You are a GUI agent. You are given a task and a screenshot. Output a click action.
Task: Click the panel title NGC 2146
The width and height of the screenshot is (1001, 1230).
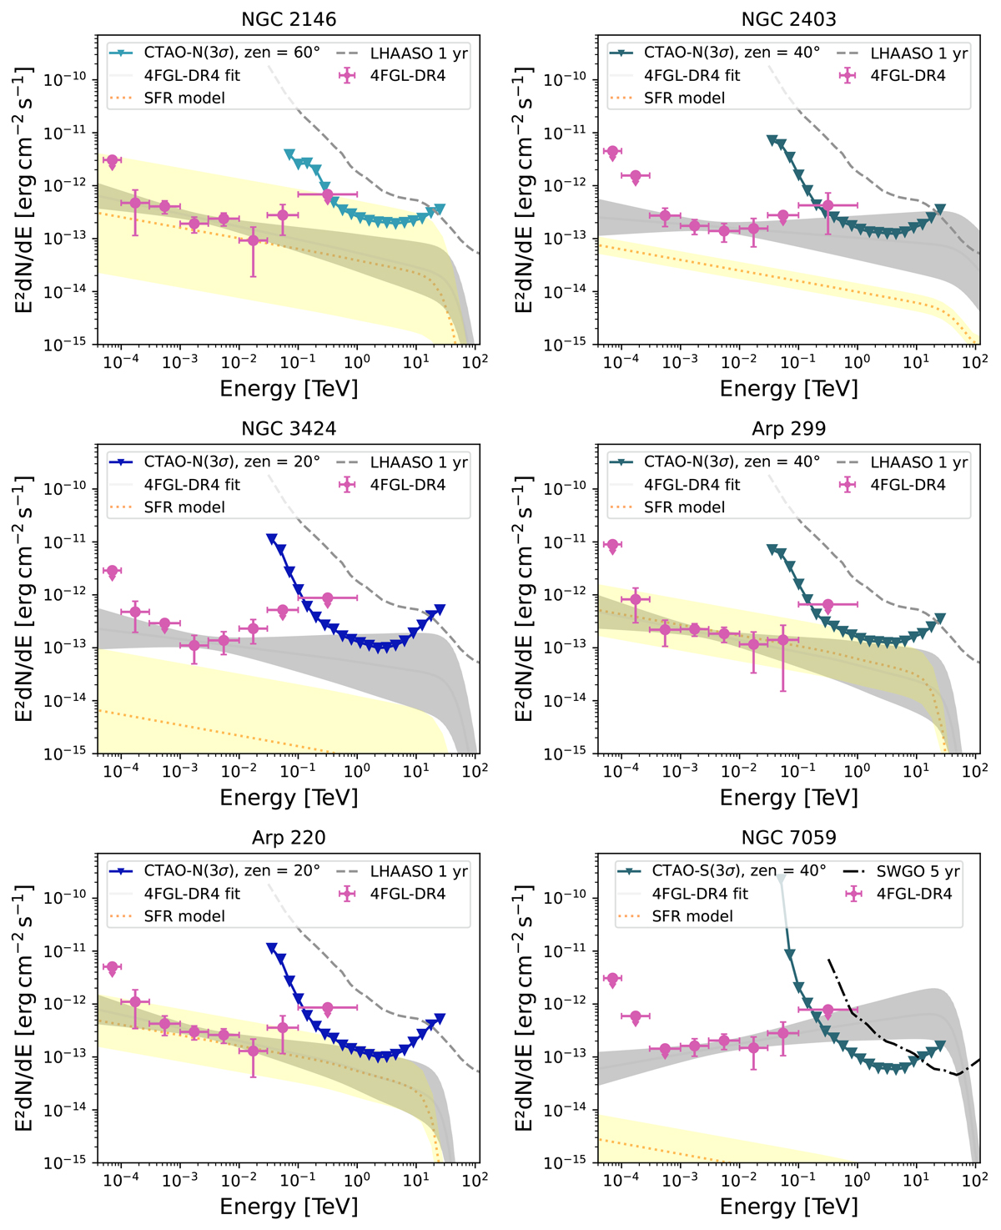tap(289, 18)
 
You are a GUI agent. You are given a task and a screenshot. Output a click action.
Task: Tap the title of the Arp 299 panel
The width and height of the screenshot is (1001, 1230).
tap(788, 428)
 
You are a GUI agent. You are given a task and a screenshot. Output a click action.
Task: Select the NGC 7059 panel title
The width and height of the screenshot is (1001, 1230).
tap(788, 837)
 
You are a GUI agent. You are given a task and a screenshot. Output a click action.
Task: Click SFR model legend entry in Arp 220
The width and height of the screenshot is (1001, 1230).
tap(184, 916)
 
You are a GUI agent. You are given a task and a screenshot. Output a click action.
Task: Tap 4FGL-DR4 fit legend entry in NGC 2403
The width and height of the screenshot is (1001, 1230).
tap(692, 75)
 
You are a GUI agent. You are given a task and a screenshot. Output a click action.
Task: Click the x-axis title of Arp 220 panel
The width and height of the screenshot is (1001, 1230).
tap(289, 1206)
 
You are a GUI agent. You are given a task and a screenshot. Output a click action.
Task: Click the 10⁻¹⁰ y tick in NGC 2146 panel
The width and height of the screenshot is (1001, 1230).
tap(66, 80)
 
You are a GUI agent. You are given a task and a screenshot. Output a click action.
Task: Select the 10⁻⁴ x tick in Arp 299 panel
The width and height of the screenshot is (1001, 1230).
tap(621, 771)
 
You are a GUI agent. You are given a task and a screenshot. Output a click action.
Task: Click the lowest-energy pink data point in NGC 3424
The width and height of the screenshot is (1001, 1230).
tap(112, 572)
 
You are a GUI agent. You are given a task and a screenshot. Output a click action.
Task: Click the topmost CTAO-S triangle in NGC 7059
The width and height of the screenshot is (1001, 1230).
tap(781, 879)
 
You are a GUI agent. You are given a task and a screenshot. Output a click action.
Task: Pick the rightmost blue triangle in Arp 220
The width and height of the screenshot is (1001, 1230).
tap(440, 1019)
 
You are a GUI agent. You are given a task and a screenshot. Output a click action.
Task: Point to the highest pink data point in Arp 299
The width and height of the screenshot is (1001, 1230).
tap(612, 546)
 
